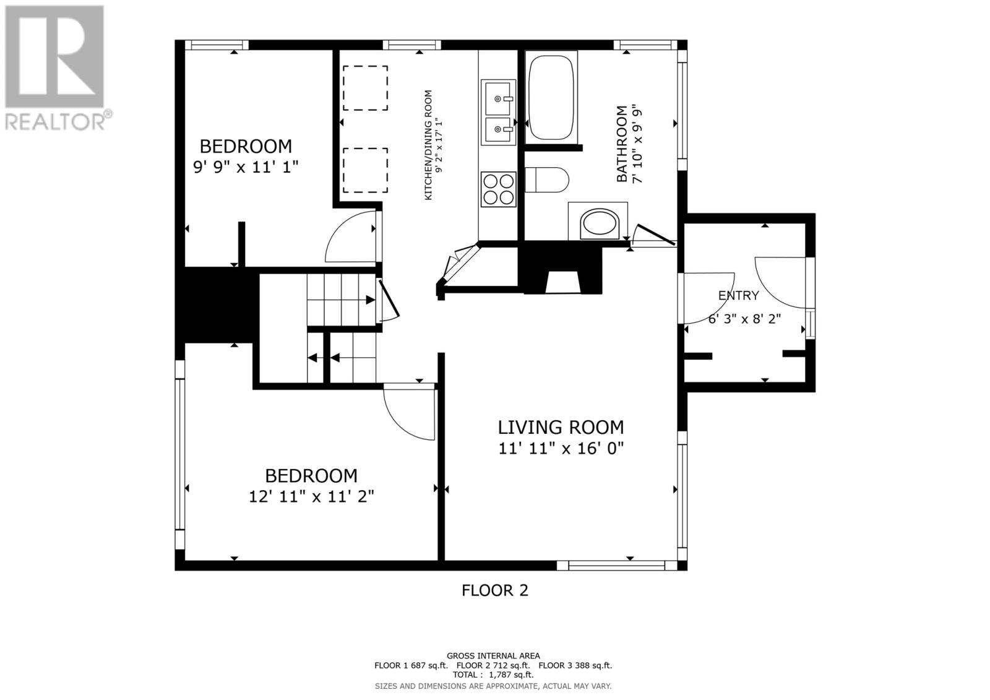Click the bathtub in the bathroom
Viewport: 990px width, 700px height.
[551, 97]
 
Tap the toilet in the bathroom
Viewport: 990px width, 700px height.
[547, 179]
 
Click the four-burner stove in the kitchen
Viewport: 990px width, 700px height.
[499, 189]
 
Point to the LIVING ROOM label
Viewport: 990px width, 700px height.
[561, 428]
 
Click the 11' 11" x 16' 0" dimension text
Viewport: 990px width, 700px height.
[561, 449]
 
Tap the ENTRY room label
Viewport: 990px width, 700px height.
[739, 295]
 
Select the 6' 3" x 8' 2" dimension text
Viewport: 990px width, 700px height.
[745, 319]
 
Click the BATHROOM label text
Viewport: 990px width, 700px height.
[622, 144]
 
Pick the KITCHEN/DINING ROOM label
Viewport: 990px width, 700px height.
[428, 145]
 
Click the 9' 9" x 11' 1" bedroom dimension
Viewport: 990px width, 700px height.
[246, 167]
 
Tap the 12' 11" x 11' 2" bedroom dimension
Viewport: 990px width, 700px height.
[312, 497]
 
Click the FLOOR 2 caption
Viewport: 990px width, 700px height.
[495, 590]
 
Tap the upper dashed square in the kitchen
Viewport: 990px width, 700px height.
[366, 88]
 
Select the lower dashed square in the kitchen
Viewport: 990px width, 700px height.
[366, 170]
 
